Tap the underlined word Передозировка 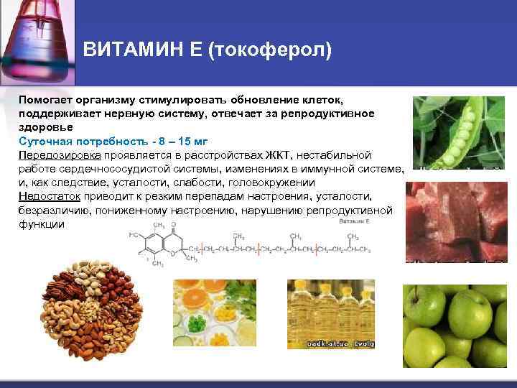pyautogui.click(x=60, y=154)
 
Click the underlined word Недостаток pyautogui.click(x=50, y=196)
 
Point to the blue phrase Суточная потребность pyautogui.click(x=70, y=141)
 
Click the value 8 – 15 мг pyautogui.click(x=167, y=141)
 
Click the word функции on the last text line pyautogui.click(x=41, y=223)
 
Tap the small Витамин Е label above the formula pyautogui.click(x=355, y=223)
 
